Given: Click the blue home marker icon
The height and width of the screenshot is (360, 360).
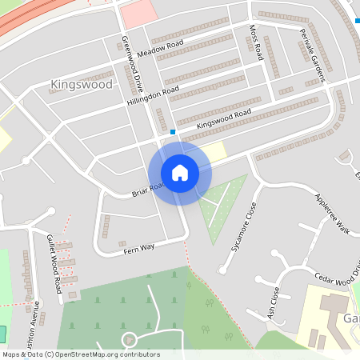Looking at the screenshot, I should [180, 173].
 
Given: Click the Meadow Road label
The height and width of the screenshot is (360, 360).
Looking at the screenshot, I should [160, 47].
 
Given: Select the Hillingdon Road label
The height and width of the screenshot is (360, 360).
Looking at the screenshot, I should [152, 97].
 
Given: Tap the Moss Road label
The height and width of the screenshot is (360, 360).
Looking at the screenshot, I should [256, 42].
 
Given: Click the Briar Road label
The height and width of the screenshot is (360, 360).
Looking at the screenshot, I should [149, 190].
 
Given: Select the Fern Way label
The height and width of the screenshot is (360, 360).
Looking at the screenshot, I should [138, 250].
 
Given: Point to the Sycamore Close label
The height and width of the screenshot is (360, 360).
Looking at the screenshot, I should [245, 227].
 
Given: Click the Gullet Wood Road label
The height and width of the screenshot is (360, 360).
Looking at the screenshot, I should [54, 265].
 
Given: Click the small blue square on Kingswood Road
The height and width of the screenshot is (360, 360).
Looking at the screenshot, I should [173, 131].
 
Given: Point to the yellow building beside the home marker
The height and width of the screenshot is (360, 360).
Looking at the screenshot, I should [214, 151].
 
